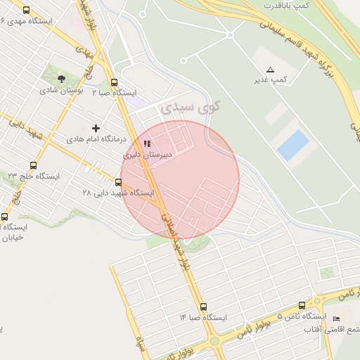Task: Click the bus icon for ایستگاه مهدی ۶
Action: (27, 11)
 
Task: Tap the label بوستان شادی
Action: (61, 90)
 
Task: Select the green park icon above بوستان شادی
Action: (61, 79)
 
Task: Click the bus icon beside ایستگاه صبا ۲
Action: (114, 82)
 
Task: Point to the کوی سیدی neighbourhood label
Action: (190, 108)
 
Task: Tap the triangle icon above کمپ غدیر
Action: (271, 70)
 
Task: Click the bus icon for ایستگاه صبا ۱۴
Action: (203, 307)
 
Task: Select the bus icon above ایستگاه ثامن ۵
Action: (302, 306)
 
